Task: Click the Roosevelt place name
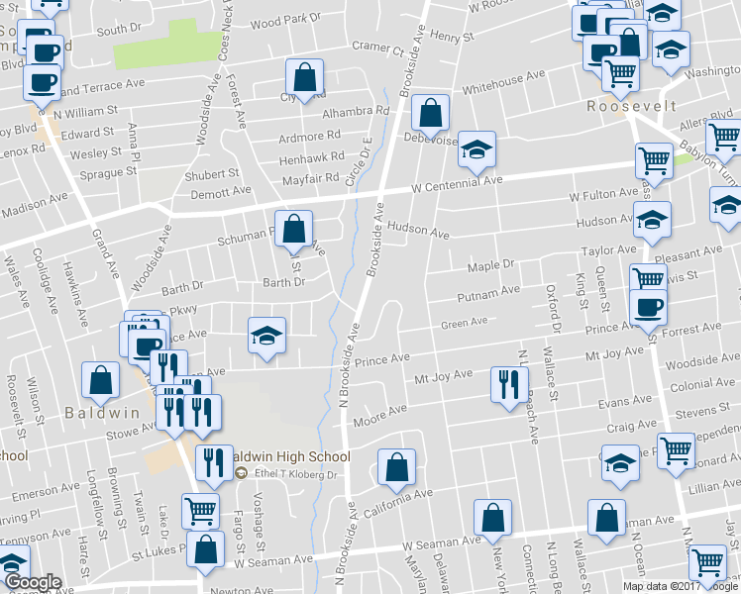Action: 631,106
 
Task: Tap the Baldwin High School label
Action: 290,457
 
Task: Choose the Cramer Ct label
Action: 377,48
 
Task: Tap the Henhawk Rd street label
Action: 311,156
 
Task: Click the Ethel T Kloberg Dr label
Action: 296,475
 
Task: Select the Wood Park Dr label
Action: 286,19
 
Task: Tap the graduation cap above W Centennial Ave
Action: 477,148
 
